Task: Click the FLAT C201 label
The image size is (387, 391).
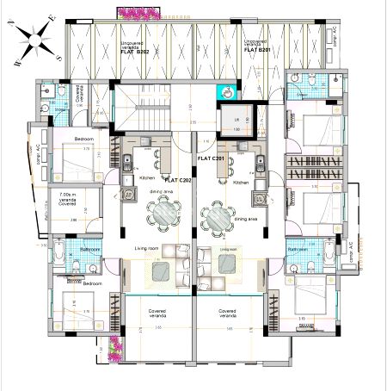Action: [x=212, y=159]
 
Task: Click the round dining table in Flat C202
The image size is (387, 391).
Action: [x=163, y=212]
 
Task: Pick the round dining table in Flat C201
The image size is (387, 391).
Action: [x=218, y=214]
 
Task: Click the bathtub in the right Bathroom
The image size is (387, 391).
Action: [x=329, y=255]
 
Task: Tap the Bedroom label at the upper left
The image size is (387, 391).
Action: [x=84, y=139]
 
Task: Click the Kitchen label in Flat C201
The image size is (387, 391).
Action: [x=242, y=182]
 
